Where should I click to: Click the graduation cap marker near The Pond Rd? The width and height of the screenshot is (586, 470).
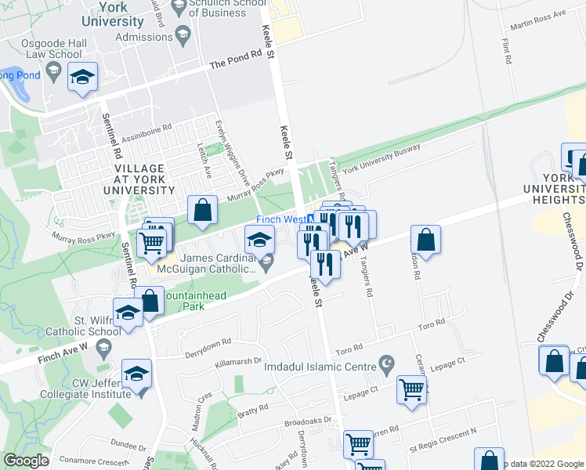82,78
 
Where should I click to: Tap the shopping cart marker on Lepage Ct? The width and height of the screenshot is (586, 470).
411,389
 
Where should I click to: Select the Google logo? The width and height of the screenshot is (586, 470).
26,461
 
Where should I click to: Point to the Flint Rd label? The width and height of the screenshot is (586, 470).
507,54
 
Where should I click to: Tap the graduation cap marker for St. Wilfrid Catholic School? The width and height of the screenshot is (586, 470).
127,312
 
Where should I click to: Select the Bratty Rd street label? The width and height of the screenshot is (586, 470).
252,407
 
